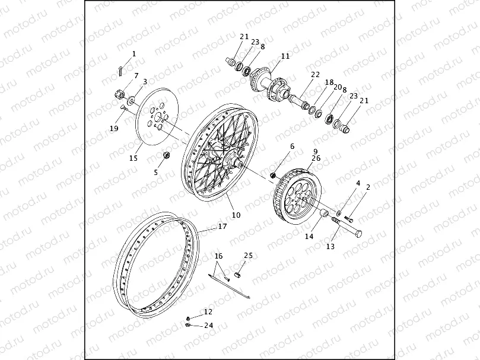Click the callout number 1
[133, 54]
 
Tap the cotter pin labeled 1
[120, 71]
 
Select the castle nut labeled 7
[120, 93]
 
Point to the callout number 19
[114, 128]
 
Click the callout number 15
[133, 158]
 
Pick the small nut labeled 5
[167, 155]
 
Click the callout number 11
[285, 56]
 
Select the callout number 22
[315, 74]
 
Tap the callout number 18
[329, 82]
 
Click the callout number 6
[293, 146]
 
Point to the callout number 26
[316, 158]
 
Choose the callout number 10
[236, 215]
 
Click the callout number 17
[222, 226]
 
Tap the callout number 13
[330, 246]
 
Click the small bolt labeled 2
[349, 219]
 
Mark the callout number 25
[248, 255]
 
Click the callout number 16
[218, 256]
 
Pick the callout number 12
[208, 311]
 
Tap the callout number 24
[209, 325]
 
